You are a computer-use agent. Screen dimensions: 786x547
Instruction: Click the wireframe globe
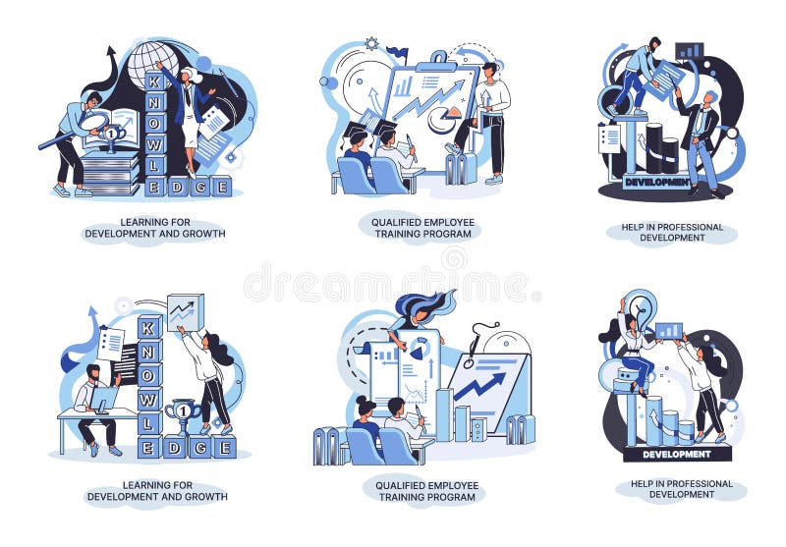152,62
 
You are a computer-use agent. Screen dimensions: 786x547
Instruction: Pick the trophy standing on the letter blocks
183,416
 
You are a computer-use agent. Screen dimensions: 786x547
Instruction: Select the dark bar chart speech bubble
690,51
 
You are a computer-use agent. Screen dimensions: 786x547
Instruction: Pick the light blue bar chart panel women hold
669,331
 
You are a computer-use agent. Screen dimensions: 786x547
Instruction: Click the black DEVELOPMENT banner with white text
677,454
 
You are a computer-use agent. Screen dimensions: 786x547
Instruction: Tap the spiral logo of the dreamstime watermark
454,260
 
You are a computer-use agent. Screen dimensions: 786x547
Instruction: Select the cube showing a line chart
185,312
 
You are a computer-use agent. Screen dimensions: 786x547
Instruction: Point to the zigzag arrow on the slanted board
480,386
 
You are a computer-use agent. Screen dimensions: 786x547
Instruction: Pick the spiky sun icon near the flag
371,44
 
